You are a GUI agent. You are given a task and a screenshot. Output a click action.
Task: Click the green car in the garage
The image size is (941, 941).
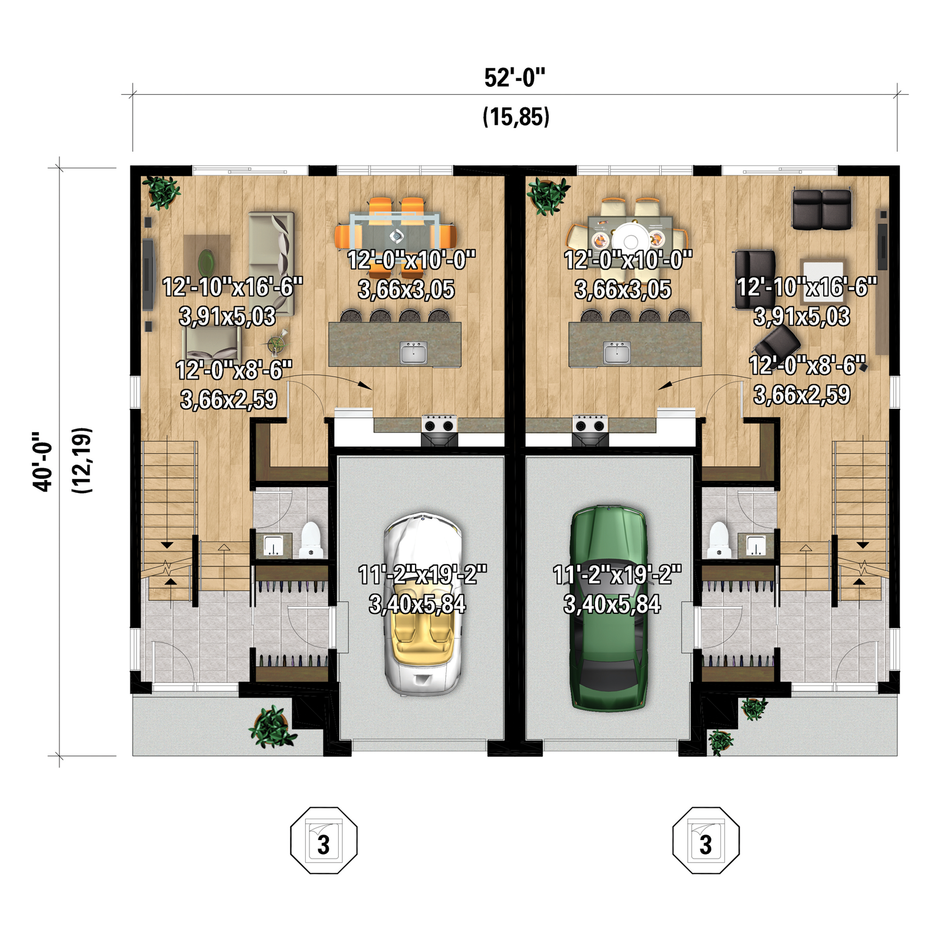pyautogui.click(x=609, y=609)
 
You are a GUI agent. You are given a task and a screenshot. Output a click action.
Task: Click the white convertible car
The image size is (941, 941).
pyautogui.click(x=423, y=604)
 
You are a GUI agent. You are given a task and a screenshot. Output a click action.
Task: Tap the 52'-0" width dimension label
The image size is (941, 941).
pyautogui.click(x=514, y=78)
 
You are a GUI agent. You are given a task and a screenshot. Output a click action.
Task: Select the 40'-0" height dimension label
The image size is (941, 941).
pyautogui.click(x=43, y=462)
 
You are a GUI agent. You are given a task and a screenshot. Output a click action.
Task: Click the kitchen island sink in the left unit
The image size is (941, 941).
pyautogui.click(x=414, y=352)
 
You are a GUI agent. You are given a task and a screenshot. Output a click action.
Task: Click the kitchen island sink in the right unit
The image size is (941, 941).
pyautogui.click(x=617, y=352)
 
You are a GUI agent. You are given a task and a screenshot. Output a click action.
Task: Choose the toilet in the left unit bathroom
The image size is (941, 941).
pyautogui.click(x=311, y=540)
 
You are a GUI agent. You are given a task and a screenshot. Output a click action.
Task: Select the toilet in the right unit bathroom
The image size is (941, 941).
pyautogui.click(x=719, y=540)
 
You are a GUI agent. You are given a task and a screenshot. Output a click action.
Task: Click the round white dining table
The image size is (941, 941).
pyautogui.click(x=630, y=241)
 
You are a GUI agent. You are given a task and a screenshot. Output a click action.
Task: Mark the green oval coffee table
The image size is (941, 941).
pyautogui.click(x=206, y=259)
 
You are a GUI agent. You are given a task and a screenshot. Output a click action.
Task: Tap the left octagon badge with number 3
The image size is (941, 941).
pyautogui.click(x=324, y=840)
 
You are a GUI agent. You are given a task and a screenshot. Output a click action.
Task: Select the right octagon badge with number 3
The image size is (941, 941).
pyautogui.click(x=706, y=840)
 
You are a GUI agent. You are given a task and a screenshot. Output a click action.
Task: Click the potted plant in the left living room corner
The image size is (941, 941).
pyautogui.click(x=162, y=192)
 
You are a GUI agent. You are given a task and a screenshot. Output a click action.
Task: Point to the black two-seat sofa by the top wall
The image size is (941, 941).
pyautogui.click(x=822, y=209)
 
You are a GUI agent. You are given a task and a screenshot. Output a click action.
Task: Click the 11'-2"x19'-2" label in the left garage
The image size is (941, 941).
pyautogui.click(x=422, y=575)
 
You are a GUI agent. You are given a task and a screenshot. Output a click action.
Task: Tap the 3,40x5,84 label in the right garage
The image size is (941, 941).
pyautogui.click(x=612, y=604)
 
